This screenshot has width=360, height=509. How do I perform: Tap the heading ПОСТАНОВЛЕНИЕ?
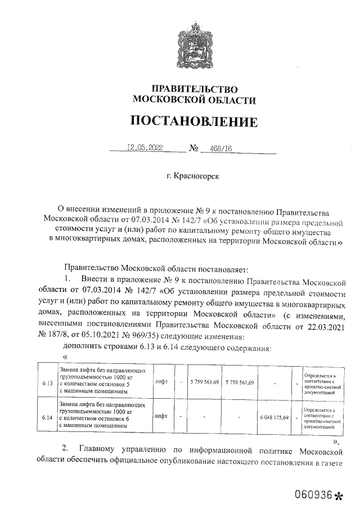[x=193, y=121]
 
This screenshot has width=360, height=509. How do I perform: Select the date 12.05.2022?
[x=145, y=148]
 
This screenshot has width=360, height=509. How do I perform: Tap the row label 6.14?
[x=47, y=418]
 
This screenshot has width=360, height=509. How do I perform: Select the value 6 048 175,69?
[x=274, y=418]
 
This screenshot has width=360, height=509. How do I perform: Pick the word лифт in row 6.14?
[x=161, y=417]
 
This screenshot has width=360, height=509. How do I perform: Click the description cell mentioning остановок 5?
[x=103, y=381]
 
